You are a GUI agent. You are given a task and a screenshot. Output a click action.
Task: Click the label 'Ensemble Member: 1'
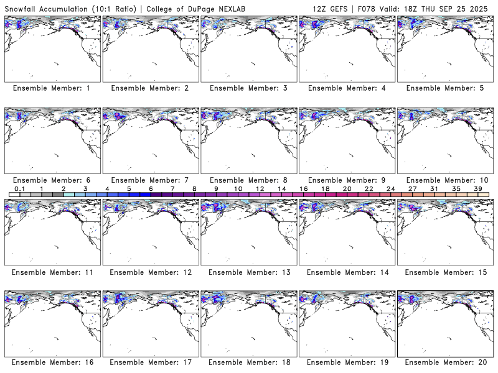(51, 88)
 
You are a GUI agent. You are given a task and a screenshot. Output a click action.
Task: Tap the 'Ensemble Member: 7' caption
(149, 180)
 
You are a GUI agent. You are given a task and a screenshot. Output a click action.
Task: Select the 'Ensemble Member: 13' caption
(248, 271)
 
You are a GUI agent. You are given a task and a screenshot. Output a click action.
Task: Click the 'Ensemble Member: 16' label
(51, 362)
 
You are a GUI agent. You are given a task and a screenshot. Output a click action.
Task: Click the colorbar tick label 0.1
(20, 188)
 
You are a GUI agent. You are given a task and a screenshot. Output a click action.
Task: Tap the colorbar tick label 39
(478, 188)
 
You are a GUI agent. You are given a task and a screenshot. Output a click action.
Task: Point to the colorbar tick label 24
(390, 188)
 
